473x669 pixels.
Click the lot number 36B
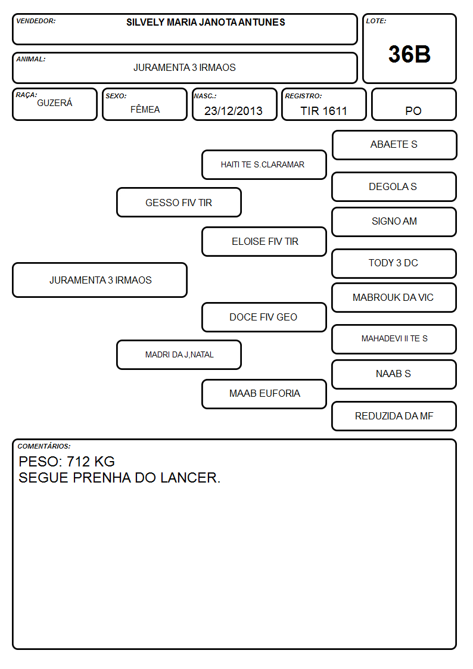409,54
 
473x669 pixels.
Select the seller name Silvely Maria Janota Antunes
206,22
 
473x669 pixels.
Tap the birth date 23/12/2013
234,111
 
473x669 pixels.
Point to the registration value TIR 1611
323,111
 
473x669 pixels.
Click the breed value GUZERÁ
55,103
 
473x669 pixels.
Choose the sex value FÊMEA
145,109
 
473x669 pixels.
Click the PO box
413,104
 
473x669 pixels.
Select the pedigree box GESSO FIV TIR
179,202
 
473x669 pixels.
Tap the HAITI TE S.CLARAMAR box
264,164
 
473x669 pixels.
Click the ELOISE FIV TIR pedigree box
264,241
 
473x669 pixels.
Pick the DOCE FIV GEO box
264,317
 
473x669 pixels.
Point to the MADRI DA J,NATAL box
179,354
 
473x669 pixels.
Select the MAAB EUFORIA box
264,394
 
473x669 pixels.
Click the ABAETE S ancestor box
394,145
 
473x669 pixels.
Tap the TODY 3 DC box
394,263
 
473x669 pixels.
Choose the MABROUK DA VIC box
394,297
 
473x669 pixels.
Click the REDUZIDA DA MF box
394,416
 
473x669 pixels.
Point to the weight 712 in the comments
78,462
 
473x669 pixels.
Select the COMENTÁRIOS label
44,446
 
